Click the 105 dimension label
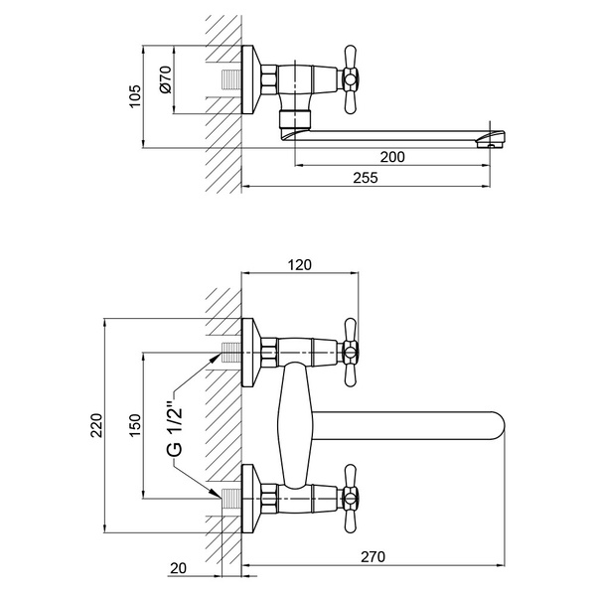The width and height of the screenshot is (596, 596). (x=135, y=96)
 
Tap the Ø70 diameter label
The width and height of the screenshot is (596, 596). (x=166, y=79)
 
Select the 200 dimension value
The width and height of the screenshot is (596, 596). (x=392, y=157)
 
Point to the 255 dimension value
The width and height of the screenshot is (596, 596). (x=366, y=178)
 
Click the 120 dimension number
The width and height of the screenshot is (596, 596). (x=300, y=264)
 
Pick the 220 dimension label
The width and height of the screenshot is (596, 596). (x=96, y=425)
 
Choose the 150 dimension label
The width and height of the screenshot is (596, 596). (x=135, y=425)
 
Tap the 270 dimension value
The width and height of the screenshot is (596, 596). (x=372, y=557)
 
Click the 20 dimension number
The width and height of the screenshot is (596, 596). (x=179, y=568)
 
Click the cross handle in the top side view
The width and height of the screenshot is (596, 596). (x=350, y=80)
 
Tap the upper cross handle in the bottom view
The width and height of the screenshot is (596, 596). (x=350, y=353)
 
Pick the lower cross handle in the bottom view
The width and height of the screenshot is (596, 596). (x=350, y=499)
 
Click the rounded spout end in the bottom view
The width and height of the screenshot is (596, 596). (x=497, y=426)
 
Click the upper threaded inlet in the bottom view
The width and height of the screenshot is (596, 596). (x=231, y=353)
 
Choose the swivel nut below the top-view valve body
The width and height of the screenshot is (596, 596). (x=295, y=119)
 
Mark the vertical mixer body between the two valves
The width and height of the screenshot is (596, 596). (x=295, y=425)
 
